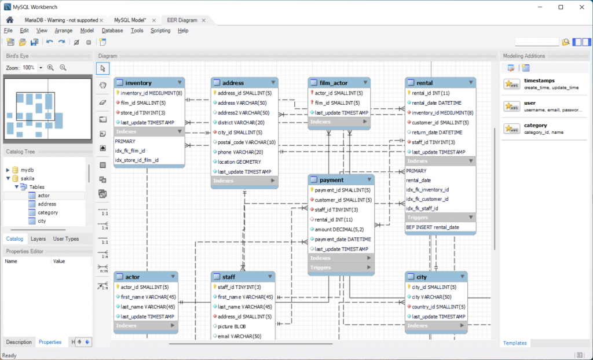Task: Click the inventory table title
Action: [138, 83]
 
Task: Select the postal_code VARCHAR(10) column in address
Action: [247, 142]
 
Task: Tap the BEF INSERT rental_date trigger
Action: [432, 227]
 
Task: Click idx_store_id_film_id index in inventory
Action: [137, 160]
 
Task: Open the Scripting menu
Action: [160, 31]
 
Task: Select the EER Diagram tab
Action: [182, 20]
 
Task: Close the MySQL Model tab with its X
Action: [154, 20]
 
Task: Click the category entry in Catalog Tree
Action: [47, 212]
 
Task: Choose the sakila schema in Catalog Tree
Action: [28, 178]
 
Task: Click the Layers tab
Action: [38, 239]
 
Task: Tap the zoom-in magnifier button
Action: [51, 68]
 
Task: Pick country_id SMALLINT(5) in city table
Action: [438, 307]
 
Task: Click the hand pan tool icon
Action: [103, 85]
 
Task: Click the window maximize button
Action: [561, 7]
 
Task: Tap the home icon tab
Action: [10, 20]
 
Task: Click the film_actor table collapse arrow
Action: [365, 82]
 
